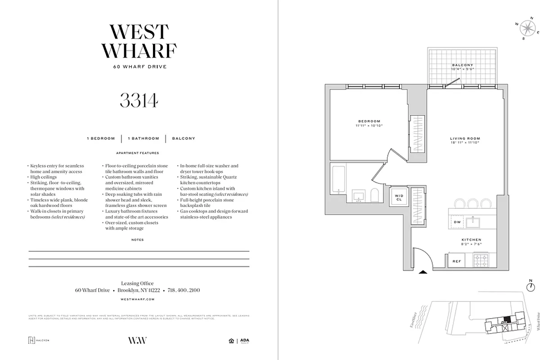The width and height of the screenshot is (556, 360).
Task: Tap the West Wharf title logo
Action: (139, 41)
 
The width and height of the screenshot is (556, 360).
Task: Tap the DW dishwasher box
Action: (457, 222)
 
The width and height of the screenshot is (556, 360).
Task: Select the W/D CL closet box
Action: (399, 197)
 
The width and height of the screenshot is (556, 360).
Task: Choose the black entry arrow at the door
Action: (423, 272)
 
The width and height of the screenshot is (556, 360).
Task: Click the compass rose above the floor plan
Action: (527, 29)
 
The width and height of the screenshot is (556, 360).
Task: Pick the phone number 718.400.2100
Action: (184, 290)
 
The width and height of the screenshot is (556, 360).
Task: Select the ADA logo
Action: (244, 341)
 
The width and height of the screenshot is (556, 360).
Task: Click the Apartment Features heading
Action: (138, 153)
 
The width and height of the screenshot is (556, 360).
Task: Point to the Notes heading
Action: (138, 240)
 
